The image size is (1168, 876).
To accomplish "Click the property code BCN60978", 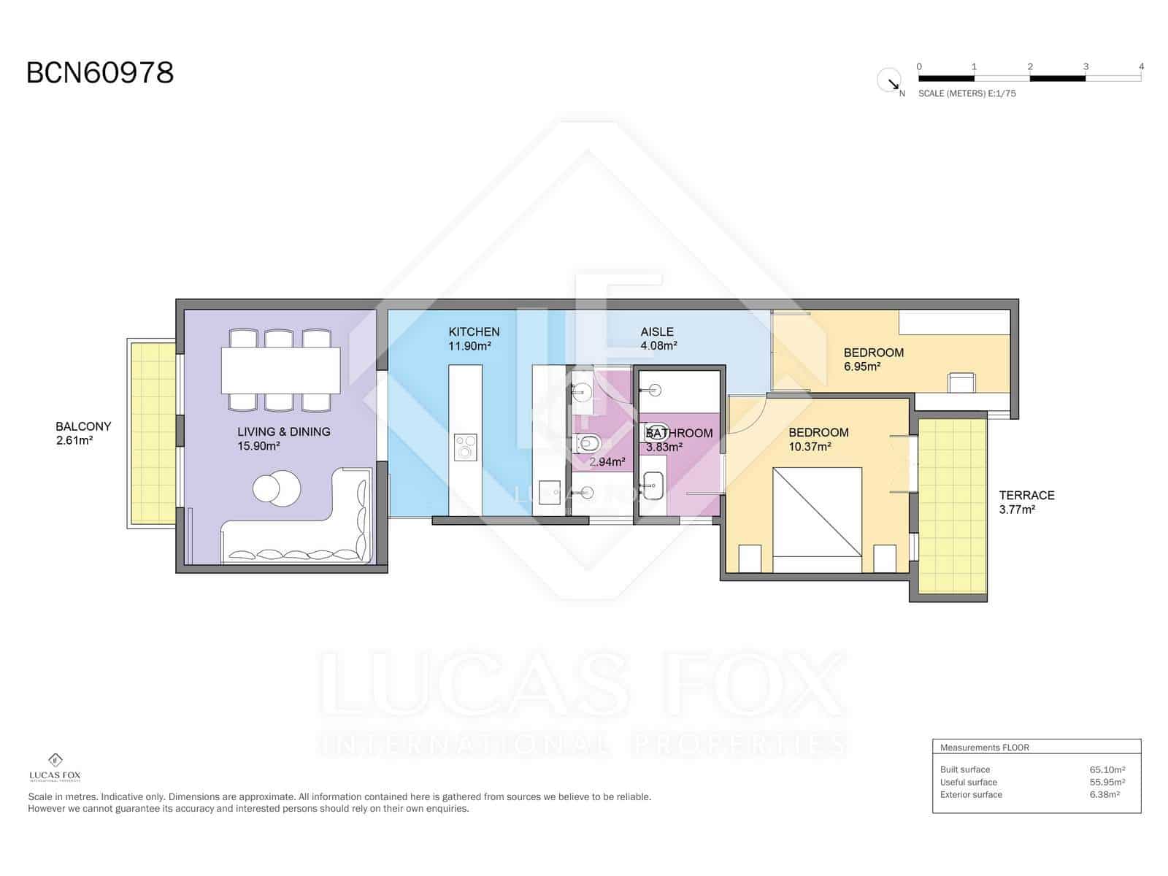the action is (x=100, y=73).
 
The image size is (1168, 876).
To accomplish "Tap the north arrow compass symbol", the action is (x=889, y=81).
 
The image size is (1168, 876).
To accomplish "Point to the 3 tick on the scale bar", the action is (x=1086, y=66).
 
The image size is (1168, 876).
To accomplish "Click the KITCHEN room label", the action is (x=474, y=331).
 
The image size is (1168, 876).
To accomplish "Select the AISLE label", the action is (x=656, y=331).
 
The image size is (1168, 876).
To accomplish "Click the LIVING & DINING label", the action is (x=284, y=431).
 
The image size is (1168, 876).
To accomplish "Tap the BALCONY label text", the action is (x=83, y=426).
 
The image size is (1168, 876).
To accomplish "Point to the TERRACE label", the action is (x=1026, y=495).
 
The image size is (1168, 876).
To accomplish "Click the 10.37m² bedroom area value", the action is (x=810, y=446).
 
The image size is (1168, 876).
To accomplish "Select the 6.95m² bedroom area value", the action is (x=862, y=366).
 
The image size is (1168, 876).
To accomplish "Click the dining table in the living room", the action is (x=280, y=370).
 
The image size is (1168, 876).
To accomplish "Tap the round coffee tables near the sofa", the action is (x=277, y=488).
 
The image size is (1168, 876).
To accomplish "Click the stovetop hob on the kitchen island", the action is (x=466, y=447).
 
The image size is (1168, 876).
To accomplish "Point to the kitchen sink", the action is (x=549, y=492).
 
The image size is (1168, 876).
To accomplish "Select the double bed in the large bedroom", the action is (x=817, y=512).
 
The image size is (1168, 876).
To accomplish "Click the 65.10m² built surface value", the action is (x=1107, y=769).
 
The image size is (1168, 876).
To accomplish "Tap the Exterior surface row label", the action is (x=971, y=795).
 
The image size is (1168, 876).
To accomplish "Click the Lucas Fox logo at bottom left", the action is (x=55, y=767).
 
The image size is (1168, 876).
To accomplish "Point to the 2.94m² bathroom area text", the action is (x=607, y=461).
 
